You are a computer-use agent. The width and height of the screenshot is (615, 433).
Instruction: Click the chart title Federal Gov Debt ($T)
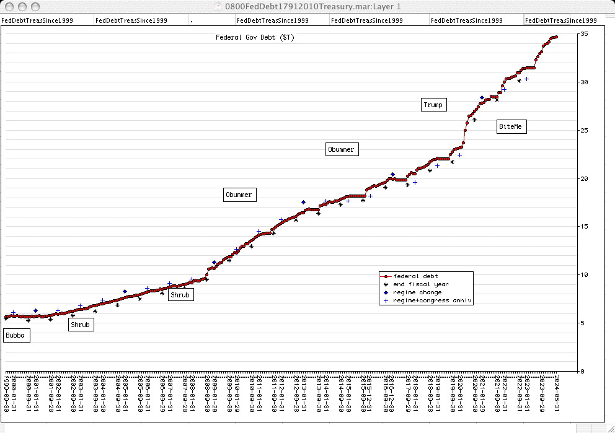click(255, 37)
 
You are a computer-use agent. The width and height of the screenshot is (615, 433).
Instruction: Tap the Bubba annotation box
click(15, 336)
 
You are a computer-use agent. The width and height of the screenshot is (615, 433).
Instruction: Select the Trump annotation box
click(433, 105)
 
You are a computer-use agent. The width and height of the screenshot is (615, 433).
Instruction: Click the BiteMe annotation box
click(510, 127)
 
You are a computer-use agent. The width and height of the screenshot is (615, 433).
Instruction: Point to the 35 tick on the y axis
click(583, 34)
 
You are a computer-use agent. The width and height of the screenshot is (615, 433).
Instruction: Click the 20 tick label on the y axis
click(583, 178)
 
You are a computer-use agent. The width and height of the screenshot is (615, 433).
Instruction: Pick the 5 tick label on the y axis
click(583, 323)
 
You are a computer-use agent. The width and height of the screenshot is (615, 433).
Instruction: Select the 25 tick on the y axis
click(583, 131)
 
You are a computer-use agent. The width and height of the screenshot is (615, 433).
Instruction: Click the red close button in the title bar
click(7, 6)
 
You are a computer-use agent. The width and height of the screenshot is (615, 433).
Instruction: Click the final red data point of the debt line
click(556, 37)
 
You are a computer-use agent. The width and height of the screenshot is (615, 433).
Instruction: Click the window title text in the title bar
click(307, 6)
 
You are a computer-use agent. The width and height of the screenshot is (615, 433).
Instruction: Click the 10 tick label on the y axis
click(583, 274)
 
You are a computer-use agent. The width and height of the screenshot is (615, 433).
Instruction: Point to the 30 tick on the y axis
click(583, 82)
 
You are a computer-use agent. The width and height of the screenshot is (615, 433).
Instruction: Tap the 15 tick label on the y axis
click(583, 227)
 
